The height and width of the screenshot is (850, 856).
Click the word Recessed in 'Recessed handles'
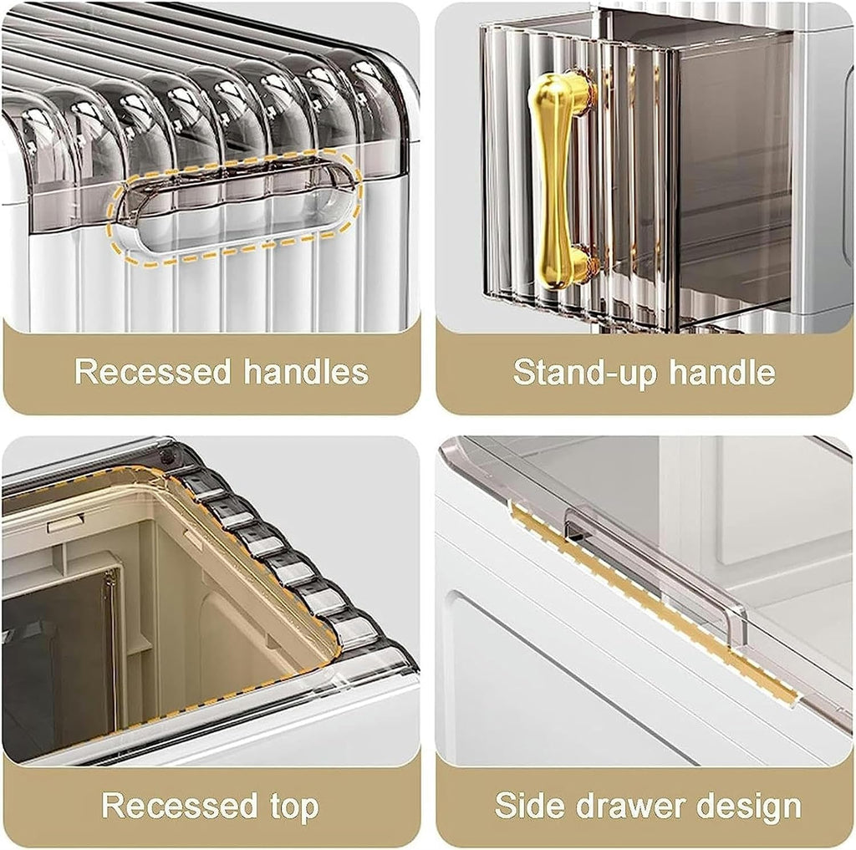tap(152, 372)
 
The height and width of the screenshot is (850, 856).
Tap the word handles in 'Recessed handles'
tap(306, 372)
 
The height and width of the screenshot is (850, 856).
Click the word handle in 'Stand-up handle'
tap(722, 372)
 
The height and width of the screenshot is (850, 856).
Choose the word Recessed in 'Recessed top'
tap(180, 805)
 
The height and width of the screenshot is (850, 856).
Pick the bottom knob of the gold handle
tap(568, 267)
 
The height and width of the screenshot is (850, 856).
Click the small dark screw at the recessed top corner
tap(169, 453)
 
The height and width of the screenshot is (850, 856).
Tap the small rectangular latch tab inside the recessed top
tap(64, 524)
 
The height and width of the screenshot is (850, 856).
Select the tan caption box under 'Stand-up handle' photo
tap(645, 372)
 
